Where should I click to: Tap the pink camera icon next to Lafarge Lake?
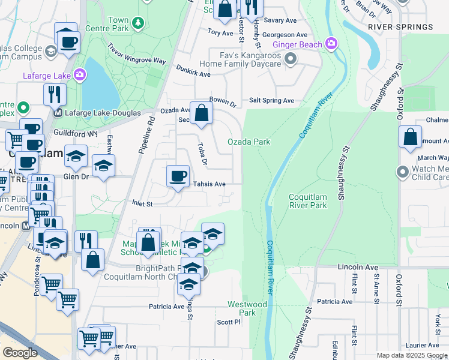point(80,76)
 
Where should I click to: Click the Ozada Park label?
point(249,142)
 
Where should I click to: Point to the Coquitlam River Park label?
point(316,201)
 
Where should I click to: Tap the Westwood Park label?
point(247,308)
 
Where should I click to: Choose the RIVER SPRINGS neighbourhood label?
point(400,27)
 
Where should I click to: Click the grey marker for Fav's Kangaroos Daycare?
point(291,59)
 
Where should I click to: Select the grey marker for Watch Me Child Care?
point(403,173)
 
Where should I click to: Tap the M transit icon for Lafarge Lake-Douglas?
point(58,113)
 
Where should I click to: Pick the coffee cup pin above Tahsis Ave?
point(177,176)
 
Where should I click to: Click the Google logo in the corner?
point(20,353)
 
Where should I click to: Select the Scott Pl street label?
point(229,322)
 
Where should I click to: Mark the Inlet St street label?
point(142,204)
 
